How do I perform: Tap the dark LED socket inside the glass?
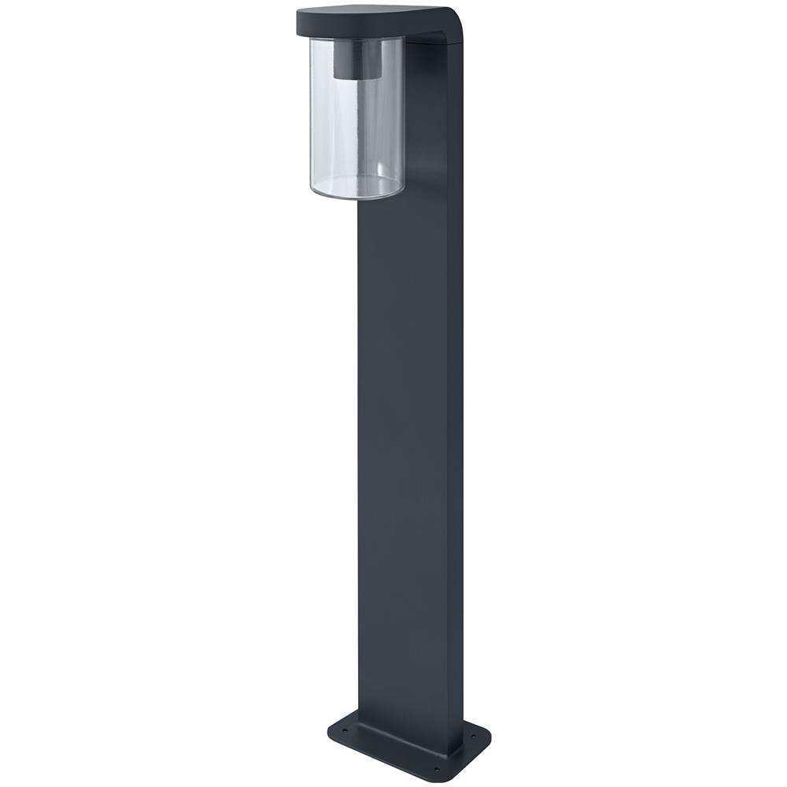click(356, 59)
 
